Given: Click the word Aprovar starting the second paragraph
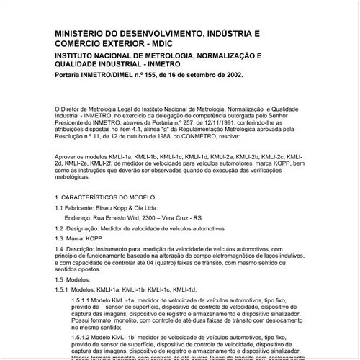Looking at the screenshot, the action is pyautogui.click(x=66, y=156).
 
